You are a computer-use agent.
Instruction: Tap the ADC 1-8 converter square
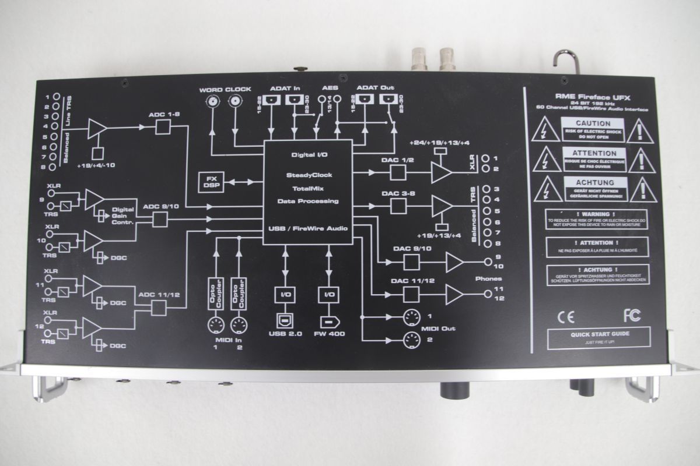click(x=162, y=129)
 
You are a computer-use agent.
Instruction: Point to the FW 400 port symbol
click(x=328, y=322)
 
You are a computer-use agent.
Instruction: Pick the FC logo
click(x=631, y=316)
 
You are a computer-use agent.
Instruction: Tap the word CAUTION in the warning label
click(x=593, y=123)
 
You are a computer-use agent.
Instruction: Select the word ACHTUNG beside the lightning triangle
click(x=593, y=182)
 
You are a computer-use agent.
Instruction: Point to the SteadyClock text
click(x=307, y=175)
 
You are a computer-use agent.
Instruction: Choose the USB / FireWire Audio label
click(x=307, y=228)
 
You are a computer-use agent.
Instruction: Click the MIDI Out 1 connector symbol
click(x=412, y=317)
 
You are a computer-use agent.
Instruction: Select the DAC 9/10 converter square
click(x=412, y=263)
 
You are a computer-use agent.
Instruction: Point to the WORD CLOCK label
click(x=225, y=90)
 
